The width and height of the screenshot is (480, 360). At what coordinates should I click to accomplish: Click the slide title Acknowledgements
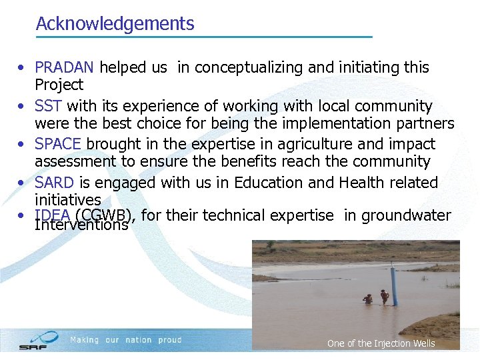115,24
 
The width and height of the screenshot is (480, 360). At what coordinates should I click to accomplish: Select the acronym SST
49,106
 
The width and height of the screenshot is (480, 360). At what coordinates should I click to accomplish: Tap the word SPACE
58,144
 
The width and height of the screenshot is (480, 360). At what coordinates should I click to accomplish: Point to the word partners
424,123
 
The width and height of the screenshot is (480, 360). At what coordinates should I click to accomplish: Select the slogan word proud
170,340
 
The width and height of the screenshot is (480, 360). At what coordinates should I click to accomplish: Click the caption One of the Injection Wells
381,343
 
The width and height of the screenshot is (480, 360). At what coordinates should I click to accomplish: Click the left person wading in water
367,299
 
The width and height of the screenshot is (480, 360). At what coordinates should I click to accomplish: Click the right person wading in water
384,297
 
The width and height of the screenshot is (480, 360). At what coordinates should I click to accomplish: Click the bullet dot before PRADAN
22,68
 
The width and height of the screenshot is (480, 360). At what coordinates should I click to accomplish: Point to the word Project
59,85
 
